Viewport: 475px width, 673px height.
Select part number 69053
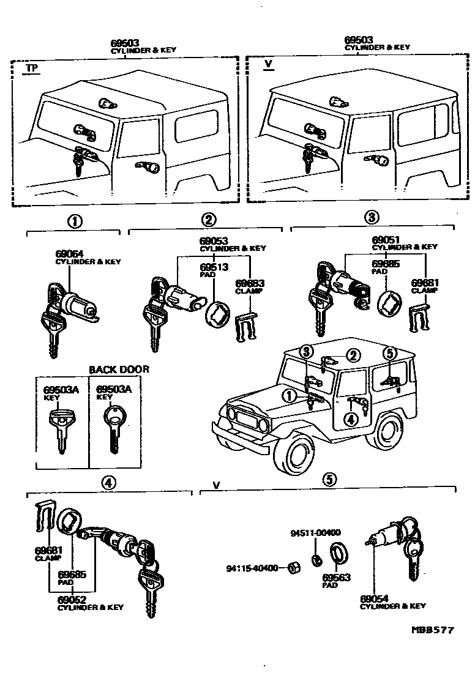tap(212, 241)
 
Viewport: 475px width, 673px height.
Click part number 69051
tap(385, 240)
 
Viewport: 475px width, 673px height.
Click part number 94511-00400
tap(315, 533)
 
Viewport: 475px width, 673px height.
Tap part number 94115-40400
tap(258, 568)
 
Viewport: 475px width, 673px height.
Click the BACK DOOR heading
tap(119, 370)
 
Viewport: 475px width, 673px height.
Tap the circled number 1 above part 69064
tap(75, 221)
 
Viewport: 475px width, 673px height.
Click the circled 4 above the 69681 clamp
tap(107, 483)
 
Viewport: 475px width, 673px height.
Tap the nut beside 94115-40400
tap(293, 568)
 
